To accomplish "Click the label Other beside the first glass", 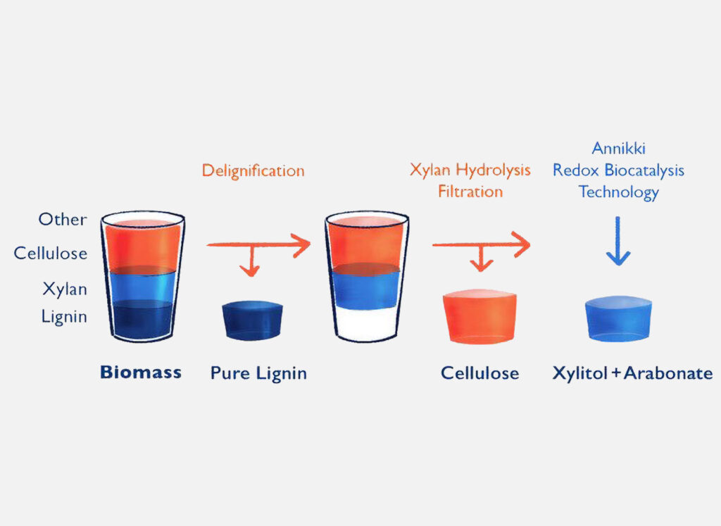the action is [x=63, y=219].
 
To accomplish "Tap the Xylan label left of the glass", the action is [x=65, y=289].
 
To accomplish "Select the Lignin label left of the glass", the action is [x=64, y=317].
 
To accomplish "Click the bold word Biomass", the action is [x=141, y=372].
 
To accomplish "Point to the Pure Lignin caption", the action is [x=258, y=373].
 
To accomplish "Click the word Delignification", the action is [x=253, y=171].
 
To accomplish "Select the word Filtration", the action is [x=470, y=192].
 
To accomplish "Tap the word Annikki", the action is [x=618, y=148].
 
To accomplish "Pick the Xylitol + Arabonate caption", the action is [x=633, y=373].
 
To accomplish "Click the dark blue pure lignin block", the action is [x=253, y=320].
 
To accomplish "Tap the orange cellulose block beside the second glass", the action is [x=479, y=316].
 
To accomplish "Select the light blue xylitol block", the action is [x=618, y=318].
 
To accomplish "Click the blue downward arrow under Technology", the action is [x=618, y=241].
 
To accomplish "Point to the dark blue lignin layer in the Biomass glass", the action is [x=142, y=319].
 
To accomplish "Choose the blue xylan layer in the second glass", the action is [x=366, y=288].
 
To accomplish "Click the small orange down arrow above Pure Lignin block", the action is [x=251, y=261].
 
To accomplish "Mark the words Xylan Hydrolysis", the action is [x=470, y=170].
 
